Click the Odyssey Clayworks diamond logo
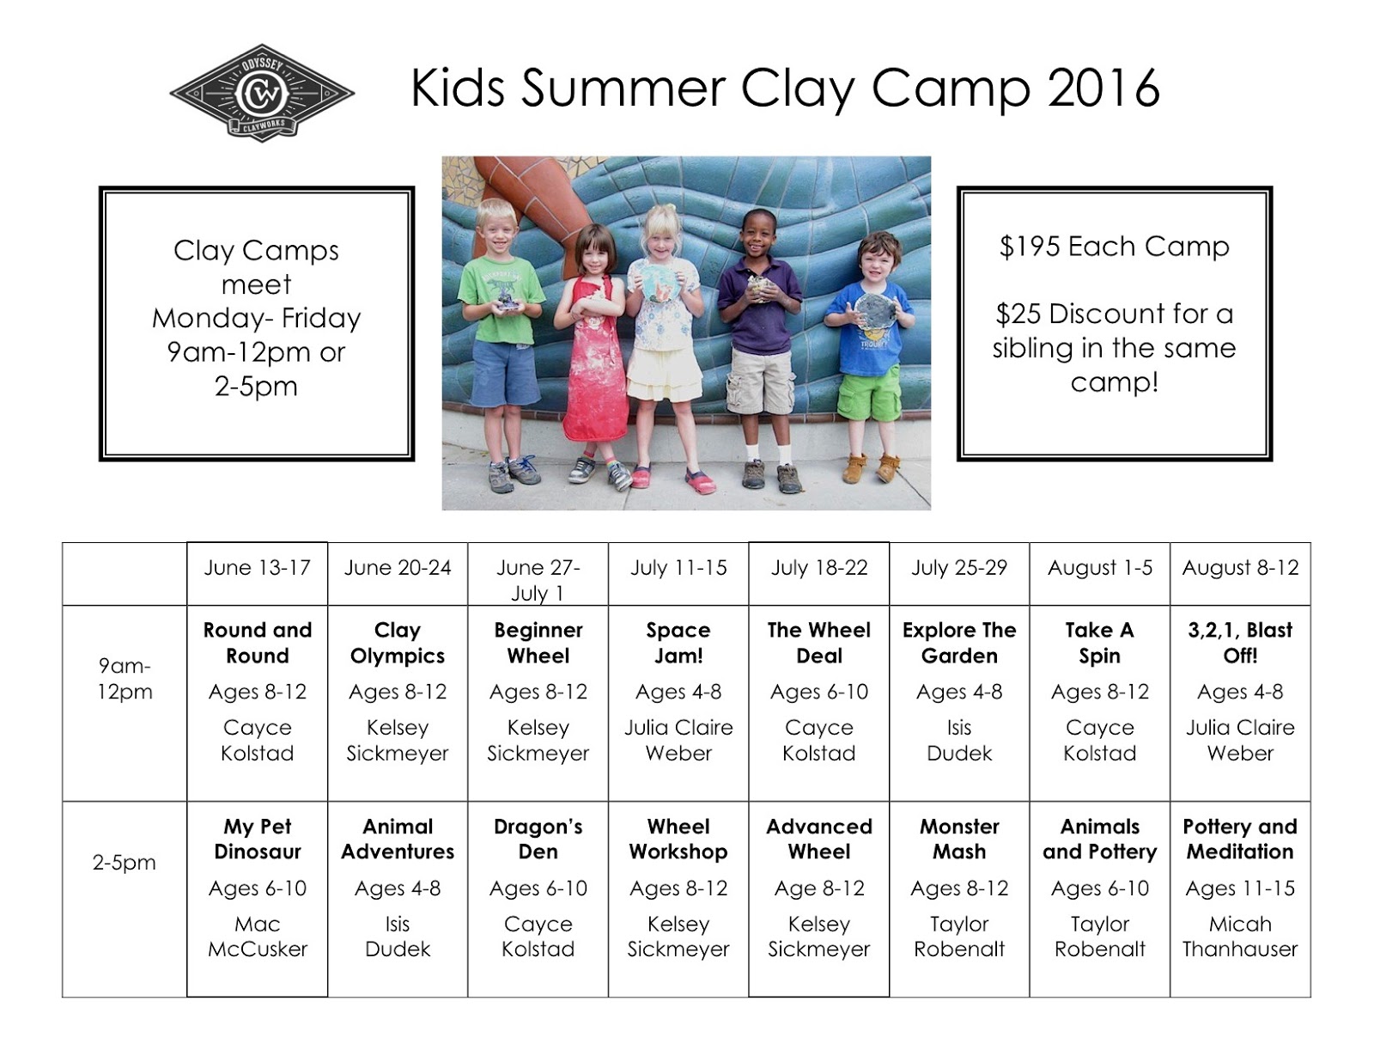[262, 92]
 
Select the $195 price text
[1019, 247]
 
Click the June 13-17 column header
[257, 568]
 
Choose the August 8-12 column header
[1240, 568]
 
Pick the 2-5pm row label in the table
[125, 862]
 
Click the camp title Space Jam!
[678, 643]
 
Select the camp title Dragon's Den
[538, 839]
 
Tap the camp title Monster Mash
[959, 839]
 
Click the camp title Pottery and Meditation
[1240, 839]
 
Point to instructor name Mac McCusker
[257, 936]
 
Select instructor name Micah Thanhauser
[1240, 936]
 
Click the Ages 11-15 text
[1240, 888]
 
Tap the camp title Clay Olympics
[398, 643]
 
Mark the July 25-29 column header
[959, 568]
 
